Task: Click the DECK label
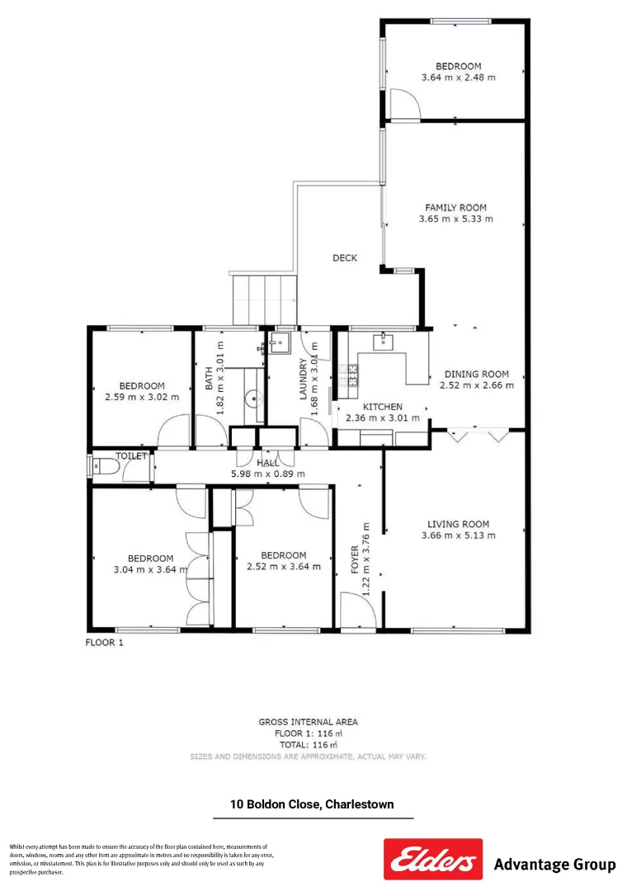345,258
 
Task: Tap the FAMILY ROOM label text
455,208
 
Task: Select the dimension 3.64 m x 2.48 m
458,78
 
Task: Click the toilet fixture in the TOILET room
106,468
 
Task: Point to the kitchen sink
384,342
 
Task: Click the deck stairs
264,300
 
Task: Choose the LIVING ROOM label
458,524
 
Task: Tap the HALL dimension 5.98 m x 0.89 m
267,474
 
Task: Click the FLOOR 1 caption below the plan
105,643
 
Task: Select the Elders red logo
433,859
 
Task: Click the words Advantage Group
554,865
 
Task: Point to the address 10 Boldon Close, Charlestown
312,804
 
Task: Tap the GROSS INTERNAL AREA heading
308,722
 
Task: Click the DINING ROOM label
476,374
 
